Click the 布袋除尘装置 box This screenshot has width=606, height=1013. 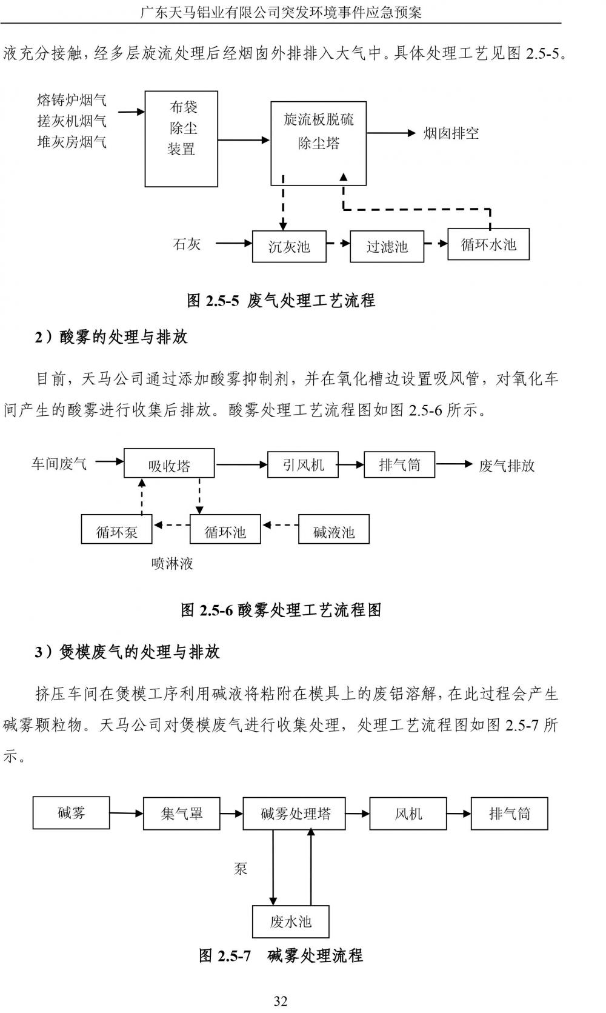181,139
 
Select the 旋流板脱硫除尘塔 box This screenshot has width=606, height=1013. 318,143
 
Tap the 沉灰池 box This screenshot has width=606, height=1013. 289,246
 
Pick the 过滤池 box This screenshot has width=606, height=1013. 387,246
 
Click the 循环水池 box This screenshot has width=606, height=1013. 488,244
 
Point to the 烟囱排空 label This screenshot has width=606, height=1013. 451,133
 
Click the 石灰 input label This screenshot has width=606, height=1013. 187,244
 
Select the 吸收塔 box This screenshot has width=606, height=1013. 169,464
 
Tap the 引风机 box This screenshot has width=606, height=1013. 303,464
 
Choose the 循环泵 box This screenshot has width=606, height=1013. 116,531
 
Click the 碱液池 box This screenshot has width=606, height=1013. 334,531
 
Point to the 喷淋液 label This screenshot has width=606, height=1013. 172,564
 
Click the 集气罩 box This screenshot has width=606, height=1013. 181,814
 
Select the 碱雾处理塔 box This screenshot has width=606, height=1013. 295,814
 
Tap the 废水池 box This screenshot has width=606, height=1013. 290,922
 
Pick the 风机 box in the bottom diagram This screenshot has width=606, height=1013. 408,814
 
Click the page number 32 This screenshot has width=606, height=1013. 281,1000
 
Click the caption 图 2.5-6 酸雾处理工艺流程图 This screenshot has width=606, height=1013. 281,609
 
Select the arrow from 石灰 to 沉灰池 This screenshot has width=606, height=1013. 233,244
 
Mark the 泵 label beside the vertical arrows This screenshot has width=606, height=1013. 241,868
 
